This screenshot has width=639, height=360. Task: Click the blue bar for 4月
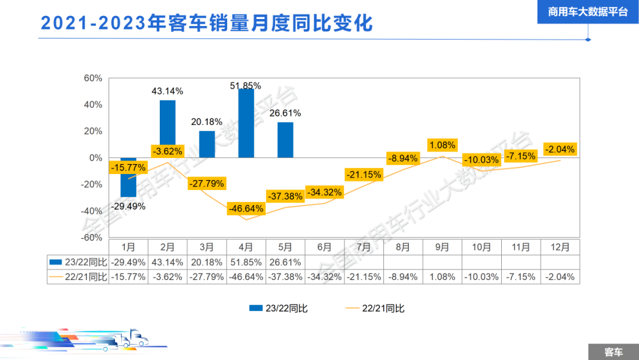(246, 123)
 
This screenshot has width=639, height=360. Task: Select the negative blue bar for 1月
(128, 177)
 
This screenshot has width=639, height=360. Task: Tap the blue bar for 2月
(167, 128)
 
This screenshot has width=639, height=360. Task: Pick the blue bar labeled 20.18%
(206, 144)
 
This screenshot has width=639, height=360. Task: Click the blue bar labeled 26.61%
(285, 140)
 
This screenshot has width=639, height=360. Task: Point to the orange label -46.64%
(246, 208)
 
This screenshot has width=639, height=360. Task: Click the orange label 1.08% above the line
(442, 145)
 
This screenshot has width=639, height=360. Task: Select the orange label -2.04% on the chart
(560, 149)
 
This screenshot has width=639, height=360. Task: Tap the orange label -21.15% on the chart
(363, 175)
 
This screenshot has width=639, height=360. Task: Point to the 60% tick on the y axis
(93, 78)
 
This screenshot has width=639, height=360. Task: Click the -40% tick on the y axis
(92, 211)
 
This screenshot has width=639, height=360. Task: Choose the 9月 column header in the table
(442, 247)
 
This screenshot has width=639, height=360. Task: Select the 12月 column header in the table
(560, 247)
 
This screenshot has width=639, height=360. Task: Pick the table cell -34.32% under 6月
(324, 277)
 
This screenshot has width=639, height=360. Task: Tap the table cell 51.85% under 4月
(246, 262)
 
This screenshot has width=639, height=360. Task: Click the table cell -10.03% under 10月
(481, 277)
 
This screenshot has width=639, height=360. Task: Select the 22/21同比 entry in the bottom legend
(375, 308)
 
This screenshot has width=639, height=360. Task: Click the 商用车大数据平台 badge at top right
(588, 12)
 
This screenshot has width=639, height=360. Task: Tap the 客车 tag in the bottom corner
(613, 352)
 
